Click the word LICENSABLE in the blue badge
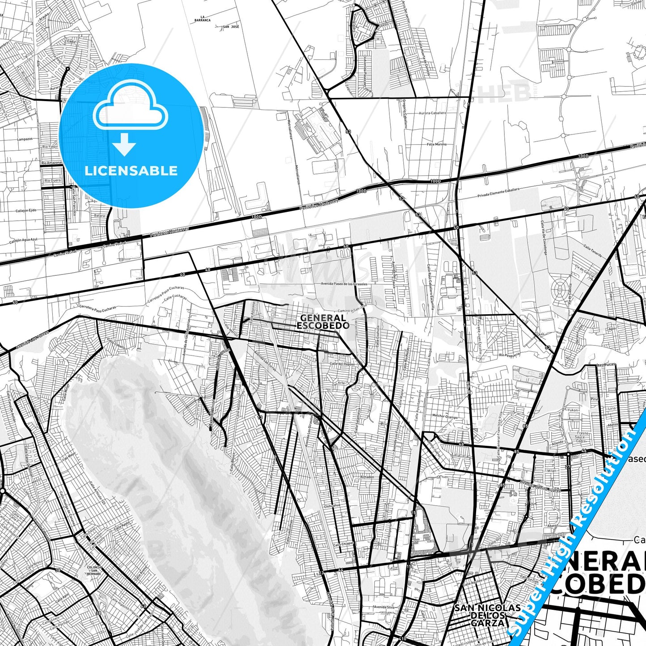pos(131,171)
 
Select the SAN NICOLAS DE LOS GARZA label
pos(487,615)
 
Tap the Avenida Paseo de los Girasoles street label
pos(344,284)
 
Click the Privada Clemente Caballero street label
pos(498,193)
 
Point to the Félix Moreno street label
pos(437,144)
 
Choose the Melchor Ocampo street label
pos(445,416)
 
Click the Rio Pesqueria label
pos(509,355)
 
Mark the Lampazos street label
pos(25,139)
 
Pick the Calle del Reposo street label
pos(342,364)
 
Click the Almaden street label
pos(367,477)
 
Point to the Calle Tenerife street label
pos(592,250)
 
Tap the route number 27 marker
pos(568,467)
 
